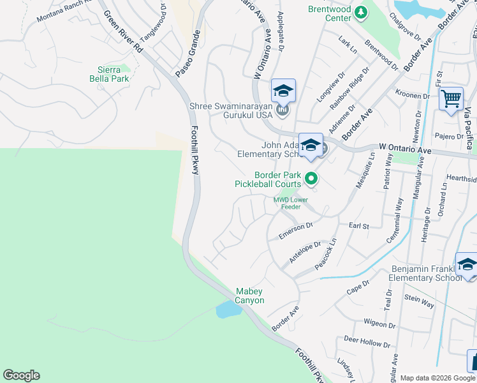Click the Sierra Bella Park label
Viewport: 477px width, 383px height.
tap(113, 74)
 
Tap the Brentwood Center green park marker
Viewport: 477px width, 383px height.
tap(361, 12)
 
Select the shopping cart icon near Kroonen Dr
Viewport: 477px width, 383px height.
tap(451, 99)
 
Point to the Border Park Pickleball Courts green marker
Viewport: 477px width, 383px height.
tap(311, 179)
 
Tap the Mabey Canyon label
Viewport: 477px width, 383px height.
tap(250, 296)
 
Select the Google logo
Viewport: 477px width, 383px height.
tap(21, 375)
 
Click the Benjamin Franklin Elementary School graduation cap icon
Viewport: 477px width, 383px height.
tap(467, 264)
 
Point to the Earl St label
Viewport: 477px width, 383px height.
tap(359, 226)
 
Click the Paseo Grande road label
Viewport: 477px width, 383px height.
tap(188, 56)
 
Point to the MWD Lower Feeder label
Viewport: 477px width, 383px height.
tap(291, 203)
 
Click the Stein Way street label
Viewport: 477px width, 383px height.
tap(419, 301)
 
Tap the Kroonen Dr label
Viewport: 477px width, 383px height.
tap(413, 96)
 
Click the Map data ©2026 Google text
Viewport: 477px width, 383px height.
tap(437, 378)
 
